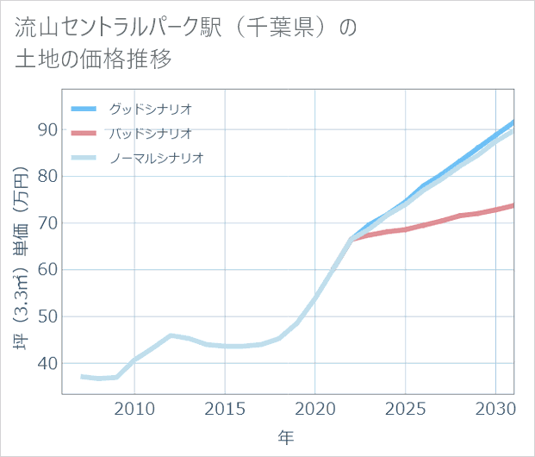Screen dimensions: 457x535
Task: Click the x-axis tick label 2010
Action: (x=134, y=407)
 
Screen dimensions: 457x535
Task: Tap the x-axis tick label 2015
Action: (x=225, y=407)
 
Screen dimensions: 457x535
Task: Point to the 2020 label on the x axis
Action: (x=315, y=407)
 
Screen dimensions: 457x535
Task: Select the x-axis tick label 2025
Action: (x=406, y=407)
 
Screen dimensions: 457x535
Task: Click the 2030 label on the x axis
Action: (x=495, y=407)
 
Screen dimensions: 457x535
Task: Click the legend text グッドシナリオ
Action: (x=150, y=110)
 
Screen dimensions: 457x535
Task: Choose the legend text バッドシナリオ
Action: (x=150, y=134)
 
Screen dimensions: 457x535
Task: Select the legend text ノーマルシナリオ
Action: (x=156, y=158)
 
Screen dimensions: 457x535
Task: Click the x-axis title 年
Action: (x=286, y=437)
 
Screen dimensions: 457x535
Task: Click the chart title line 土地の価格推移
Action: (x=94, y=59)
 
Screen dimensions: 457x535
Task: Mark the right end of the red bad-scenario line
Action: (x=513, y=204)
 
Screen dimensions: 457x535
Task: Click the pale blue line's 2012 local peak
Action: (x=171, y=335)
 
